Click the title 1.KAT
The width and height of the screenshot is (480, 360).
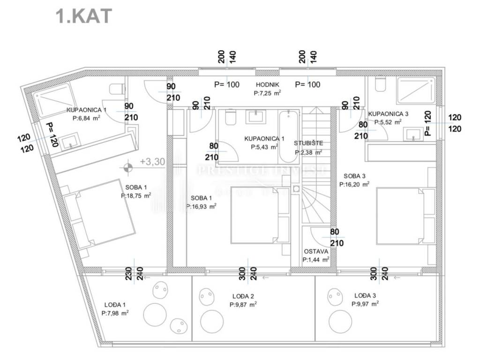[84, 16]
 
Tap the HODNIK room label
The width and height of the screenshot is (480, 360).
[268, 84]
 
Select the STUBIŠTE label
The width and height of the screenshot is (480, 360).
[308, 143]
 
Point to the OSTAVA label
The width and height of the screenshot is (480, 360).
[315, 251]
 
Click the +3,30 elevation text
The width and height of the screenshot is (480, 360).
[152, 162]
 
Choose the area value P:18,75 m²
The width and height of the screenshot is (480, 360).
[136, 195]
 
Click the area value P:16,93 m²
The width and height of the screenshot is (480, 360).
[201, 205]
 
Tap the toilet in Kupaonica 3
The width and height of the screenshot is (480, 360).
[380, 84]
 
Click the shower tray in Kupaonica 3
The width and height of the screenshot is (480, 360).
[416, 90]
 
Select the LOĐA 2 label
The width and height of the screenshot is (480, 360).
[243, 296]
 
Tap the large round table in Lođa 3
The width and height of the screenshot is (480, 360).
[340, 322]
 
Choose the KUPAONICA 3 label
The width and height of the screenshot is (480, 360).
[389, 114]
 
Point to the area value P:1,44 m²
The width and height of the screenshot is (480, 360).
[315, 259]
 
